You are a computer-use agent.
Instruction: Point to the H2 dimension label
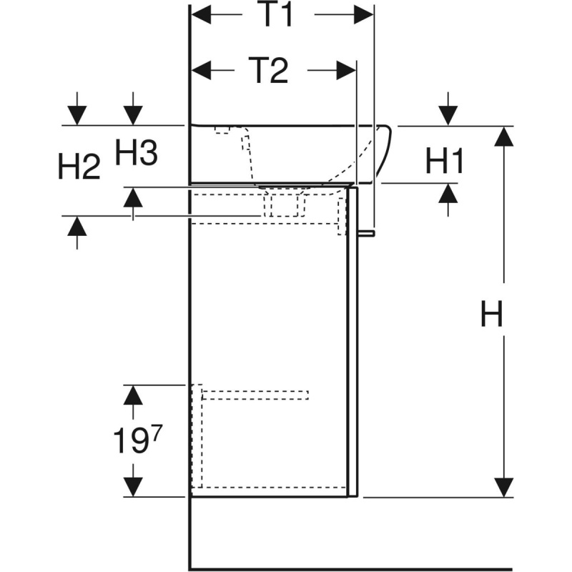pyautogui.click(x=79, y=167)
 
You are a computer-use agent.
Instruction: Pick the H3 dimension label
pyautogui.click(x=136, y=152)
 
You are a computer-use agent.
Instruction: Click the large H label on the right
pyautogui.click(x=491, y=314)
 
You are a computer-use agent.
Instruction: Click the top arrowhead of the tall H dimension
pyautogui.click(x=505, y=136)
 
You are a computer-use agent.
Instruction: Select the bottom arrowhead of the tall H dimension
pyautogui.click(x=505, y=486)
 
